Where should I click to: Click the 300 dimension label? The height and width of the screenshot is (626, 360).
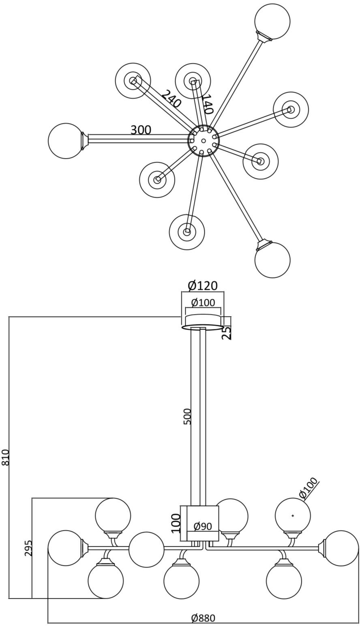point(141,130)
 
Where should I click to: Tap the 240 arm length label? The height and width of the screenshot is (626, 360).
point(171,99)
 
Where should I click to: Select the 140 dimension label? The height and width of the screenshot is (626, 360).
point(207,104)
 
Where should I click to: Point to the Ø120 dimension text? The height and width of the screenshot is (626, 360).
point(203,286)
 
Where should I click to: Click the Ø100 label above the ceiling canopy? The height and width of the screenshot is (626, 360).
point(203,302)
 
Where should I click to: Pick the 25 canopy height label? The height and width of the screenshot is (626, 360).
point(227,332)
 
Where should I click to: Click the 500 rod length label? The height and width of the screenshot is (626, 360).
point(187,416)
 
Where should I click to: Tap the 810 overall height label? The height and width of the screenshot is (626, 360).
point(6,457)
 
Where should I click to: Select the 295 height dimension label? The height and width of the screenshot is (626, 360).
point(28,548)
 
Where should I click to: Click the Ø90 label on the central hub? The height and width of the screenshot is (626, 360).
point(203,527)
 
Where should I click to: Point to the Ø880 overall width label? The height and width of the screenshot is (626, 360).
point(203,618)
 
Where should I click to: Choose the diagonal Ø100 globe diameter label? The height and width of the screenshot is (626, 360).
point(309,488)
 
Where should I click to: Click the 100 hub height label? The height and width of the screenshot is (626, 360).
point(176,523)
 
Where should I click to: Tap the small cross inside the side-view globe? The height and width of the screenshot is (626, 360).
point(293,516)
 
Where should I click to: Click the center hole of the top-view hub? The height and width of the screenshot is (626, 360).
point(204,141)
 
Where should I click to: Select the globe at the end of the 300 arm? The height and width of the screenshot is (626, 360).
point(66,141)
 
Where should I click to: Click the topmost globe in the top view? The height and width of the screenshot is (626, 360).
point(272,21)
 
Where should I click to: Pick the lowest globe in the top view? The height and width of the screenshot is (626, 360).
point(272,260)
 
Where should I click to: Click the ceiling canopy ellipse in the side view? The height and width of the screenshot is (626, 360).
point(203,327)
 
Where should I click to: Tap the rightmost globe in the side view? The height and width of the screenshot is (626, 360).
point(341,548)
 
